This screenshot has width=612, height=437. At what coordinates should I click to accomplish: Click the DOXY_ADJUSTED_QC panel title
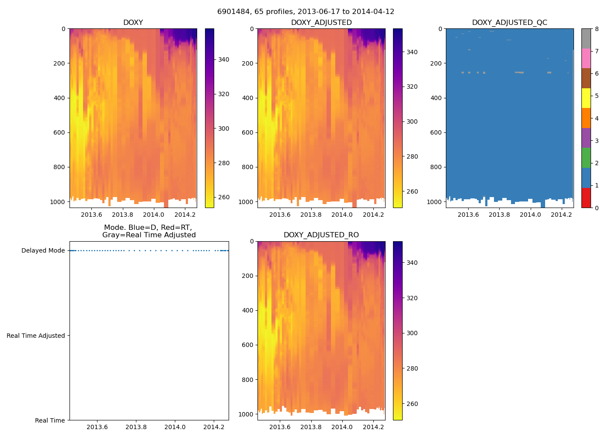pos(509,22)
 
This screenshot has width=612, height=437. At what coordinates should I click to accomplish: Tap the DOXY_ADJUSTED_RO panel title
pos(321,235)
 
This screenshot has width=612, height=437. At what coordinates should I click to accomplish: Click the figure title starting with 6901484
pos(306,12)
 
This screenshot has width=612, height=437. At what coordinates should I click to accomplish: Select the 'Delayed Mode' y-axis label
pos(43,250)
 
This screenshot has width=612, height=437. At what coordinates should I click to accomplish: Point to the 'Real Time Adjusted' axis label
pos(36,336)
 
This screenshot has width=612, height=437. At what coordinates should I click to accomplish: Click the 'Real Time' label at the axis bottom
pos(50,420)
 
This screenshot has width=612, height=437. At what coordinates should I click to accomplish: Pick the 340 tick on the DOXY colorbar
pos(223,59)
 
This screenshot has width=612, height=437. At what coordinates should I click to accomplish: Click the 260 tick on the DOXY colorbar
pos(223,197)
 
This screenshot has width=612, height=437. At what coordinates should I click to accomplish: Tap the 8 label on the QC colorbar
pos(597,29)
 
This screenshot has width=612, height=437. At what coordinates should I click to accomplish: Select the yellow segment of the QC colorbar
pos(586,98)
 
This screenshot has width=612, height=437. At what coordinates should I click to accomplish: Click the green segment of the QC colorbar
pos(586,157)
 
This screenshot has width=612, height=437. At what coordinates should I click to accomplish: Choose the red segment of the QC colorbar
pos(586,198)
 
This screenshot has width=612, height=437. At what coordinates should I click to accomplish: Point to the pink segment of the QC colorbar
pos(586,58)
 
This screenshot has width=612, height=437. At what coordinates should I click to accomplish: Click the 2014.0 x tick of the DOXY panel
pos(153,215)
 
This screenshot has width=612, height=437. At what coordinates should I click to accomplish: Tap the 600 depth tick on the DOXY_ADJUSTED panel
pos(248,132)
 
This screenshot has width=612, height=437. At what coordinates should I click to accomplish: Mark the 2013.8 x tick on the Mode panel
pos(136,427)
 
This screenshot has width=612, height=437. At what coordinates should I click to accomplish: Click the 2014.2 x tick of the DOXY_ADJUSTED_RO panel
pos(373,427)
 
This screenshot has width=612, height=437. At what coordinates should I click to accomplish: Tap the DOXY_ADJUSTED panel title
pos(321,22)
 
